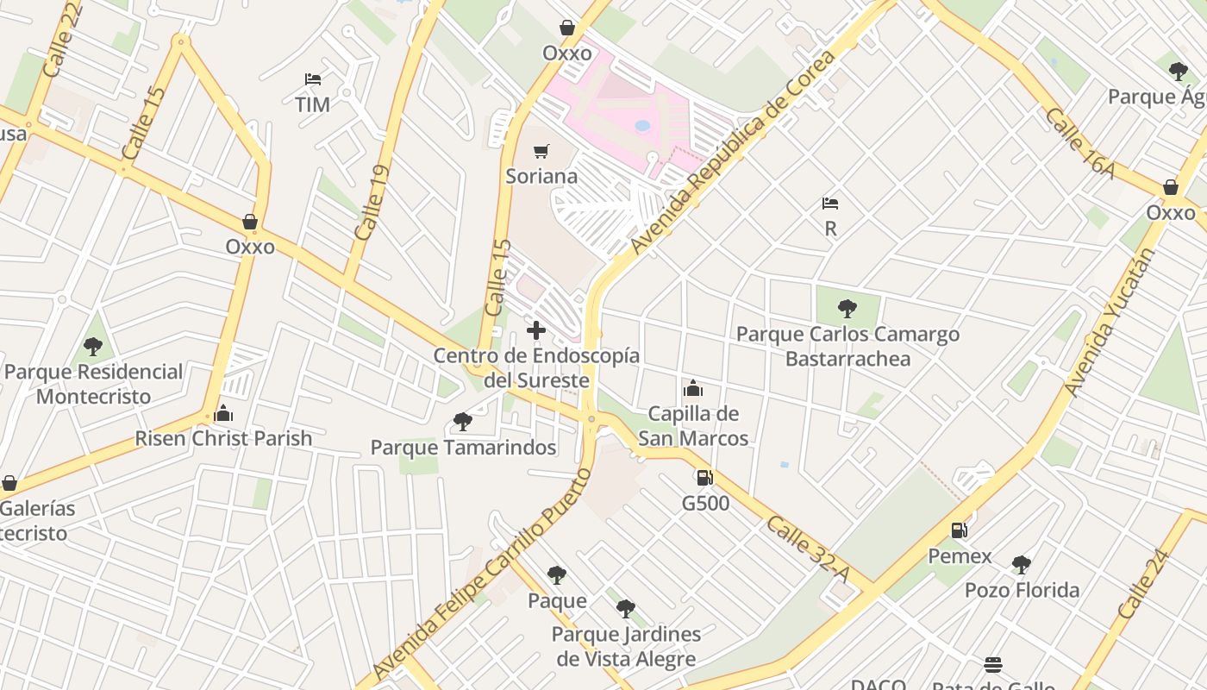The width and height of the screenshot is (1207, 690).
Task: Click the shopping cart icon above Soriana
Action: point(541,152)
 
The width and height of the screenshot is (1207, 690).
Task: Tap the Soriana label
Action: point(541,177)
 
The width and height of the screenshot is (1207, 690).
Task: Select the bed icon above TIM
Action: point(313,79)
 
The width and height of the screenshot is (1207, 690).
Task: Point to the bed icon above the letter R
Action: point(830,204)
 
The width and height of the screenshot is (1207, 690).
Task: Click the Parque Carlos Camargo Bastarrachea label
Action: point(847,346)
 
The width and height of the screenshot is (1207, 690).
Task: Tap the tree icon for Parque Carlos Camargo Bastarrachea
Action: point(847,308)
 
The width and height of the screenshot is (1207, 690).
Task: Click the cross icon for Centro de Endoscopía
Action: point(536,329)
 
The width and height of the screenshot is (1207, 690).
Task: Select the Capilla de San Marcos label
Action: point(693,426)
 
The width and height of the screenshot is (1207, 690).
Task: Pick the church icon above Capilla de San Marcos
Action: point(693,389)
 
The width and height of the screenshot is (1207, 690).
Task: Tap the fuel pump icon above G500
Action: point(704,477)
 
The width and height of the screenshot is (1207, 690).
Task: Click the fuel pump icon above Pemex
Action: point(959,530)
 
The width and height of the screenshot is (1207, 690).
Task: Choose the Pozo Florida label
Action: point(1022,591)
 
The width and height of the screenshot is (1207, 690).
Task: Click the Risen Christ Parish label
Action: point(223,438)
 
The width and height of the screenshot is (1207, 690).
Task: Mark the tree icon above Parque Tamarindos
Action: point(463,422)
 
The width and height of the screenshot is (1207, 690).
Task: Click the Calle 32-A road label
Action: point(808,548)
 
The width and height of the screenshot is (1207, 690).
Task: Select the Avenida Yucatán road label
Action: point(1110,321)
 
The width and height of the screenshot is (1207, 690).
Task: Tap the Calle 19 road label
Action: point(372,203)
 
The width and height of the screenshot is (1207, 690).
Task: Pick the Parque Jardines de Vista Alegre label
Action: point(626,647)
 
